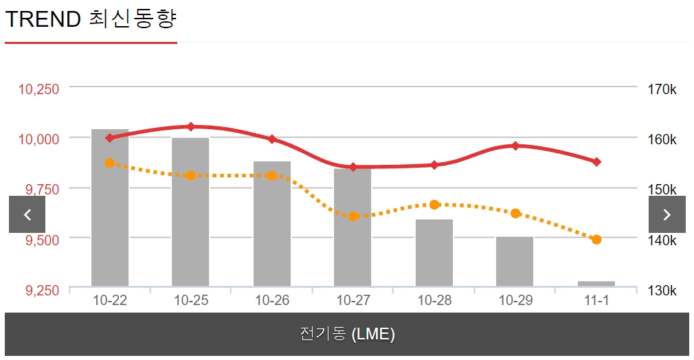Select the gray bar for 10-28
[x=434, y=253]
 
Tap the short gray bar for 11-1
[x=596, y=283]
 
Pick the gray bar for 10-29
[x=515, y=261]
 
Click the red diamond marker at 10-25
[x=191, y=126]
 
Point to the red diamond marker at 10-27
[x=353, y=167]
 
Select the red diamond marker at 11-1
[x=596, y=162]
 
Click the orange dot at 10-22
[x=110, y=163]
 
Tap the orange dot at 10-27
[x=353, y=216]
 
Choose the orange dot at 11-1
[x=596, y=240]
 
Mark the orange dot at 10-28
[x=434, y=205]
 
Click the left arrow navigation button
[x=27, y=214]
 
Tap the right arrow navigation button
[x=667, y=214]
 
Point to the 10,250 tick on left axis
[x=38, y=89]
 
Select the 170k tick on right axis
[x=662, y=89]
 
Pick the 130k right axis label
[x=662, y=291]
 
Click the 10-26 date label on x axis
[x=271, y=301]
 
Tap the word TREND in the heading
[x=43, y=19]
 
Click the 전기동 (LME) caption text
[x=347, y=335]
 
